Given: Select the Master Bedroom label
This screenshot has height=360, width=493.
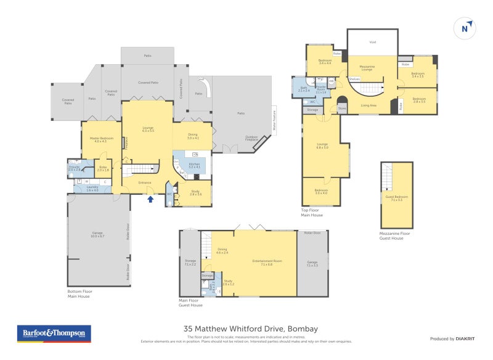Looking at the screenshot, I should [98, 139].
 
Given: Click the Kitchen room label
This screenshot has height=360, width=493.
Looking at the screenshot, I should [194, 165].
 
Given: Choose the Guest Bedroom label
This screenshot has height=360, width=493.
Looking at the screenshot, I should [396, 198].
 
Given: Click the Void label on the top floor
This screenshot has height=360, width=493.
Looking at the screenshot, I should [372, 43].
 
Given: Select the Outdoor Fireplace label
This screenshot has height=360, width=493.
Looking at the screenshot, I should [252, 139].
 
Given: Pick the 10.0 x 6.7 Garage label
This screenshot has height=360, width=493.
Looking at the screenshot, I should [97, 234].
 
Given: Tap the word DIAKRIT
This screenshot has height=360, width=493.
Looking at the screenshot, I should [464, 338].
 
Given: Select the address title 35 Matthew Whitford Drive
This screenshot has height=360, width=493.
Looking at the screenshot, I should [250, 329].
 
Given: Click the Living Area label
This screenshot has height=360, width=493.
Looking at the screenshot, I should [369, 105].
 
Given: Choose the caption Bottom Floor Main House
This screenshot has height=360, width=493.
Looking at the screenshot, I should [78, 293].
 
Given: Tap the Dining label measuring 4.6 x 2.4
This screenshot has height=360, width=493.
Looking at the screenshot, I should [222, 250].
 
